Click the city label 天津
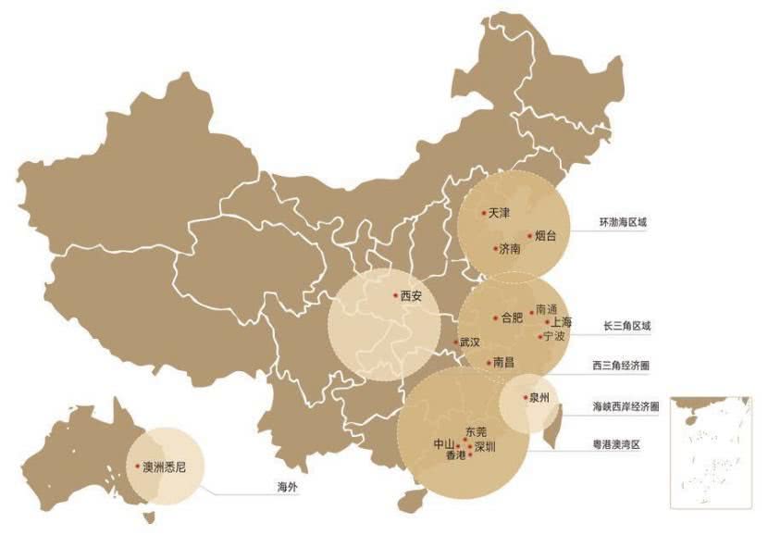499,213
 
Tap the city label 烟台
546,236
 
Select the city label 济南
509,249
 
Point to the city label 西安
411,297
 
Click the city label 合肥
512,317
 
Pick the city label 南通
547,310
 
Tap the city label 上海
562,322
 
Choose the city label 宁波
553,336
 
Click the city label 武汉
470,342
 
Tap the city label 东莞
475,432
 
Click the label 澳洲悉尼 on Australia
165,467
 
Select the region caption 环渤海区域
625,223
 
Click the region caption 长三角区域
626,326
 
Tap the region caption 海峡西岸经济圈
626,406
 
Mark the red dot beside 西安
392,297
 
